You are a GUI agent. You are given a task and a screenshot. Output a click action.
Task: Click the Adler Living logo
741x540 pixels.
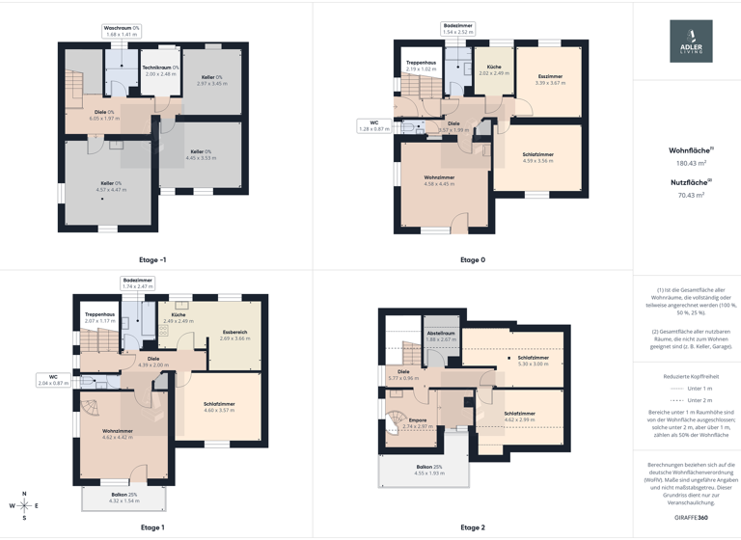[691, 41]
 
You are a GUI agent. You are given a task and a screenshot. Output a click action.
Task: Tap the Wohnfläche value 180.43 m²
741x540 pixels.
[691, 164]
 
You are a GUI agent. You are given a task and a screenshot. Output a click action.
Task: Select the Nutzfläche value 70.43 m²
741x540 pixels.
[691, 195]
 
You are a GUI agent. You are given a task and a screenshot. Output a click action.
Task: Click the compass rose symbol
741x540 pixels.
[25, 505]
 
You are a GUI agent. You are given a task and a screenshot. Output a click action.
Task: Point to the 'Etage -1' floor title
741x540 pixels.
[152, 259]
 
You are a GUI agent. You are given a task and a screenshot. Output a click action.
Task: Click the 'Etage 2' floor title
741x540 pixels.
[473, 527]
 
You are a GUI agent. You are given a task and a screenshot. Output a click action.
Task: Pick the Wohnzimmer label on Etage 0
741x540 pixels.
[439, 180]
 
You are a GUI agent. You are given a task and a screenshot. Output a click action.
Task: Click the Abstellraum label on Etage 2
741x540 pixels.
[441, 336]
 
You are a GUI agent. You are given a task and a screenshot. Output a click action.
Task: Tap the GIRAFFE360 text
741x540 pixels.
[691, 518]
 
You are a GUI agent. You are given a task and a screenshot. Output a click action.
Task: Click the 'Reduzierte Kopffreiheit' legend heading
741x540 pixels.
[691, 376]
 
